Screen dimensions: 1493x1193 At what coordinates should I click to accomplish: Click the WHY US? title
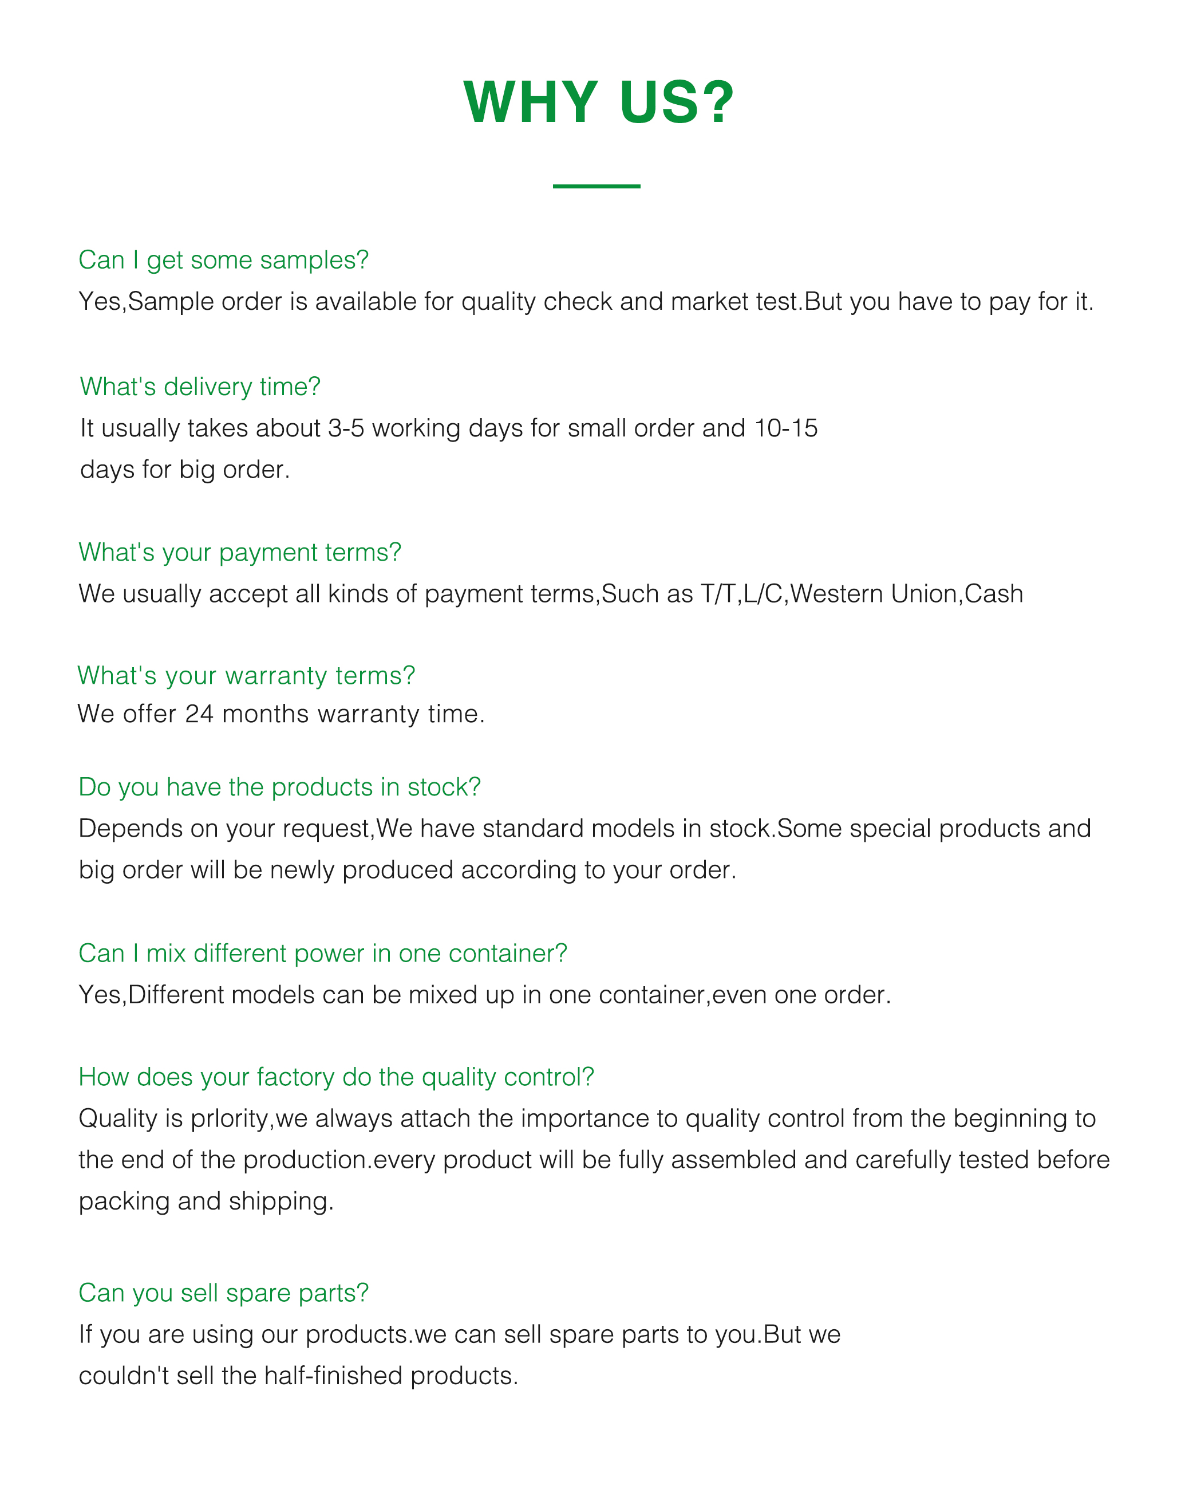[x=598, y=103]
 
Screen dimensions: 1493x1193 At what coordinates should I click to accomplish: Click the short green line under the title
[x=596, y=186]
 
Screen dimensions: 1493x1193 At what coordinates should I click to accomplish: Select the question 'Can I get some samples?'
[x=223, y=261]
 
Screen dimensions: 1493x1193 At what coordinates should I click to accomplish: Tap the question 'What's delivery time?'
[x=200, y=387]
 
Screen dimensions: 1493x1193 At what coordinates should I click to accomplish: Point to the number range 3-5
[x=346, y=428]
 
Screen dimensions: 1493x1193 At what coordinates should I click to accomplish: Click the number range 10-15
[x=786, y=428]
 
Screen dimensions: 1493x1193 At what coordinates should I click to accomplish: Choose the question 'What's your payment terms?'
[x=239, y=553]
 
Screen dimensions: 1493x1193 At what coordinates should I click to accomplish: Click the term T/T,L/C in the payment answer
[x=741, y=594]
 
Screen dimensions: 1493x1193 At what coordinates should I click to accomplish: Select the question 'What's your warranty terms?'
[x=246, y=676]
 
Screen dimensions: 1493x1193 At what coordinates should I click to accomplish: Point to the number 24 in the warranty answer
[x=199, y=714]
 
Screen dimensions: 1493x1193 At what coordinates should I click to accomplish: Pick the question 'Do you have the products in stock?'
[x=279, y=787]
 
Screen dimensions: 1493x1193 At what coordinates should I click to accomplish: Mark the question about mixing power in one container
[x=323, y=954]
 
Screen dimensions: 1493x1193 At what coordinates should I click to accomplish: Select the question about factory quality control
[x=336, y=1077]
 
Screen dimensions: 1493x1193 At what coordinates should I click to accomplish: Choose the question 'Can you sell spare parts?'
[x=223, y=1293]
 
